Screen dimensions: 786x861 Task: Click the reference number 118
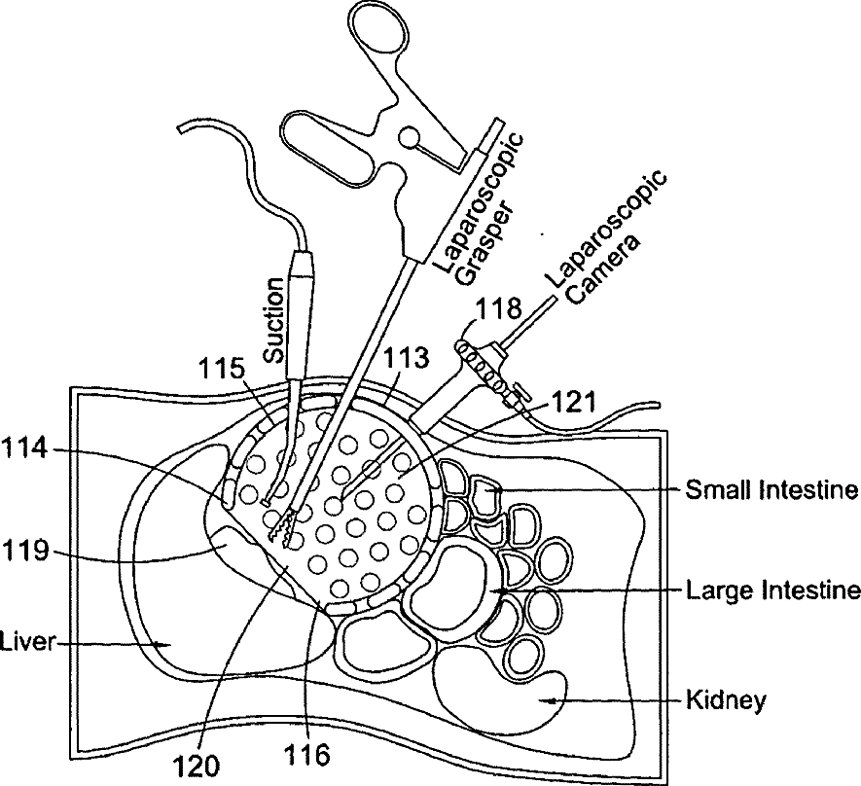tap(498, 310)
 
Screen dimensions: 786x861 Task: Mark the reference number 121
tap(575, 399)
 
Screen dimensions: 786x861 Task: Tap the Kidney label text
tap(726, 698)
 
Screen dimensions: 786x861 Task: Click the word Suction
tap(275, 320)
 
